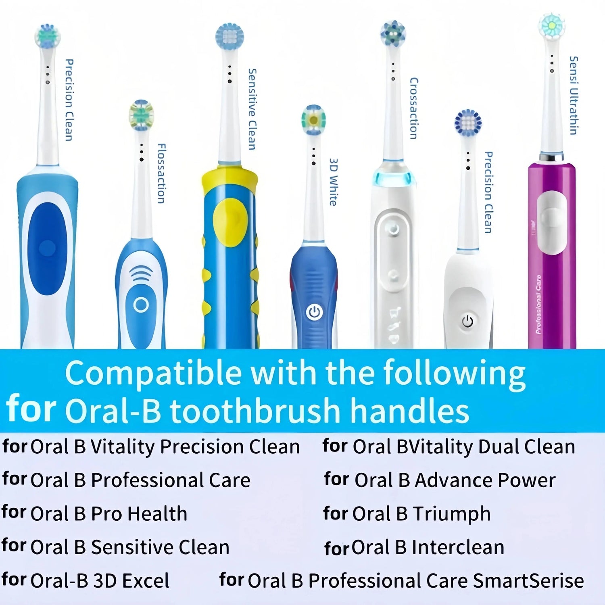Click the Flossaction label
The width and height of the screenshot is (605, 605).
[x=161, y=173]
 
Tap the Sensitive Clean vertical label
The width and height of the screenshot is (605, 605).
[x=252, y=109]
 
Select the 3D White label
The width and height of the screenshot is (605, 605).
[x=333, y=182]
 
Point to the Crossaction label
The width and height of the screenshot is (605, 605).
[x=413, y=108]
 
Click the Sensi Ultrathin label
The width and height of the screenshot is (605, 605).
[x=573, y=95]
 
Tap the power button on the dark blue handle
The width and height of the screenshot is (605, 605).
[x=314, y=312]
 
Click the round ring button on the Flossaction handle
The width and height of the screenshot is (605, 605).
[x=141, y=305]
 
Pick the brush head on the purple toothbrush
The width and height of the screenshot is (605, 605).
[x=551, y=26]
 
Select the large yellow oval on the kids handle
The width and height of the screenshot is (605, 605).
[x=230, y=222]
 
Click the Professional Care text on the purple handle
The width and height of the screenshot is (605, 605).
[x=539, y=305]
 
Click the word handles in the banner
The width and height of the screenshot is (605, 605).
[x=409, y=411]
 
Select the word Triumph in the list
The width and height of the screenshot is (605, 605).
[x=451, y=514]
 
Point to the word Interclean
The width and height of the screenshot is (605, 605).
[x=458, y=547]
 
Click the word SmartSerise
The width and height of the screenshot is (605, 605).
[x=528, y=581]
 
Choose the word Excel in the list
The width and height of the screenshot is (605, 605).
[x=146, y=581]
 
